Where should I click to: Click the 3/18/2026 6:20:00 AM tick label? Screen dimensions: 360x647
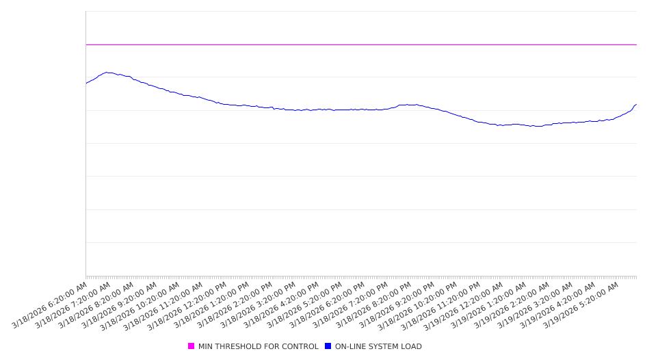(x=50, y=305)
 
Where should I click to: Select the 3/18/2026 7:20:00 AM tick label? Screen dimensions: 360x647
(x=73, y=305)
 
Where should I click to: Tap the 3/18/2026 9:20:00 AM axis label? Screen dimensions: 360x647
(x=120, y=305)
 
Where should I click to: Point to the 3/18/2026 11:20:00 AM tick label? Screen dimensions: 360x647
(x=165, y=305)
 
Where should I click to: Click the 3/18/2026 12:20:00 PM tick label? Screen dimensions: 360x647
(x=188, y=305)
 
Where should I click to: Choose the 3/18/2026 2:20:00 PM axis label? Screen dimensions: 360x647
(x=235, y=305)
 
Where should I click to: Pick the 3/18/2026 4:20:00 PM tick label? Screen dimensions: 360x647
(x=280, y=305)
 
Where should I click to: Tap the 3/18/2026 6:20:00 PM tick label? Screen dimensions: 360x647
(x=327, y=305)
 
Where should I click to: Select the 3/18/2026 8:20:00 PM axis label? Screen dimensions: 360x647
(x=373, y=305)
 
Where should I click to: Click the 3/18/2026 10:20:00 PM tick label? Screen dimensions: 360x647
(x=419, y=305)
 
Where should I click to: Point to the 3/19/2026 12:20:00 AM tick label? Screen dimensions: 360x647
(x=465, y=305)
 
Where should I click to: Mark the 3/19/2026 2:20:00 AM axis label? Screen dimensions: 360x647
(x=512, y=305)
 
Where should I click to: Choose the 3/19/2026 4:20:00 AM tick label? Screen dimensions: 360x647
(x=558, y=305)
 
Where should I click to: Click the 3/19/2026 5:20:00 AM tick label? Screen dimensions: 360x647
(x=581, y=305)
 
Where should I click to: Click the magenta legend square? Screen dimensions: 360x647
(x=192, y=346)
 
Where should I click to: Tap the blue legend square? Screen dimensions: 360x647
(x=328, y=346)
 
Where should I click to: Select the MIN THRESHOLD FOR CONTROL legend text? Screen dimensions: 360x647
(x=258, y=346)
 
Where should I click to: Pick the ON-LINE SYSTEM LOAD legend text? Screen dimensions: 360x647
(x=378, y=346)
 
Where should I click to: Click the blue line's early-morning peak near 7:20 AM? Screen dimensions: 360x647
(x=107, y=72)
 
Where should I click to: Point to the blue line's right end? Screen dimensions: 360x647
(x=636, y=105)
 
